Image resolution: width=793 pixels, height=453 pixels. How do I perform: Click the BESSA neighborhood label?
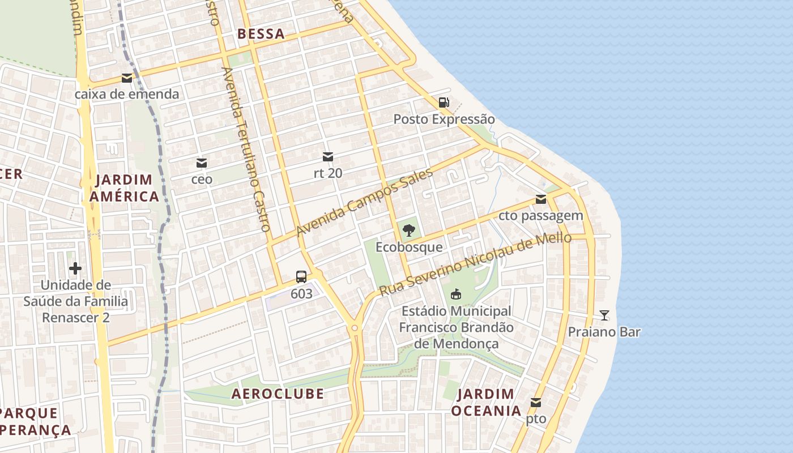[261, 34]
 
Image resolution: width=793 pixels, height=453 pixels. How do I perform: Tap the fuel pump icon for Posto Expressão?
[444, 102]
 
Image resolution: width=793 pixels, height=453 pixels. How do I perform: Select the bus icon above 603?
[301, 277]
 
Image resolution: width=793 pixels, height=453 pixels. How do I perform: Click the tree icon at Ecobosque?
[408, 230]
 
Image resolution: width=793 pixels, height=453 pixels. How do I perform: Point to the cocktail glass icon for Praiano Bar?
[604, 315]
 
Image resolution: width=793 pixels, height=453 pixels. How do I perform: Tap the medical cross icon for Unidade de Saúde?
[75, 268]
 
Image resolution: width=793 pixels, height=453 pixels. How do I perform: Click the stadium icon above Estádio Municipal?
[455, 294]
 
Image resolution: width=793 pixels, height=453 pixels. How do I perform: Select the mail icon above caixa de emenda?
[127, 78]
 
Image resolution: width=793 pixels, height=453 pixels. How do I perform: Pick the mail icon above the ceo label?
[201, 163]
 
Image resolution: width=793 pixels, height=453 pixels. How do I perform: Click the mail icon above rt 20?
[328, 157]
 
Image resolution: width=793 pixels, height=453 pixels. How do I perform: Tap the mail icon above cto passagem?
[541, 199]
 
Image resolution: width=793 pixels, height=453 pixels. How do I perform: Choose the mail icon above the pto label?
[535, 403]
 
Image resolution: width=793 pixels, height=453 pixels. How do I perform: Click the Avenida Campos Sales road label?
[365, 203]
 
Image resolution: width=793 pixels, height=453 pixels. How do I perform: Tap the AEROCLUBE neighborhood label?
[278, 394]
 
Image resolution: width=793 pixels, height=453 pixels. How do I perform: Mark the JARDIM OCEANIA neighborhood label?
[485, 402]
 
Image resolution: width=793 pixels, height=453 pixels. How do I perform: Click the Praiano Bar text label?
[604, 332]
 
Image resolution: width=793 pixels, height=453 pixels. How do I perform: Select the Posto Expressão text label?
[444, 119]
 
